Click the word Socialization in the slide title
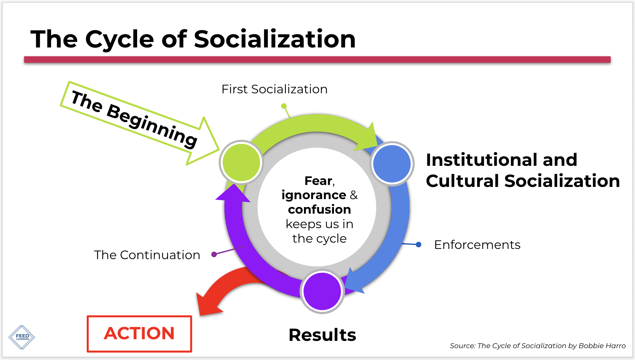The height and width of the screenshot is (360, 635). point(275,39)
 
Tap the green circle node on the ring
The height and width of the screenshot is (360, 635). point(241,162)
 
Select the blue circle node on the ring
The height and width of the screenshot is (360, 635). point(392,164)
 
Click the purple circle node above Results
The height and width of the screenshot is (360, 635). point(322,291)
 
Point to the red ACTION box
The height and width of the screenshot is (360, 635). point(139,334)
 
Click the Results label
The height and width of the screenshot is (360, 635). point(322,335)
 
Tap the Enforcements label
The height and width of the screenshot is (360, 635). point(477,245)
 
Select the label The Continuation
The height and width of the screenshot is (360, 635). point(147,255)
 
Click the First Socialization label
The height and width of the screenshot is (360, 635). point(274,89)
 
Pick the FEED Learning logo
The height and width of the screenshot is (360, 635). point(22,337)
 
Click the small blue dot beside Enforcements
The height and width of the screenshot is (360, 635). point(418,245)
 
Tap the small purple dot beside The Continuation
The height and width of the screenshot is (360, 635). point(214,254)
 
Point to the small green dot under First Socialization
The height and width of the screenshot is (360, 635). point(284,106)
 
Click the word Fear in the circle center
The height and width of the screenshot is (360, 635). point(318,181)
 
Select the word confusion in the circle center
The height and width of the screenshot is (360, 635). point(319,210)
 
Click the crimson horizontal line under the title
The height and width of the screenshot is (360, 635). point(317,60)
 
